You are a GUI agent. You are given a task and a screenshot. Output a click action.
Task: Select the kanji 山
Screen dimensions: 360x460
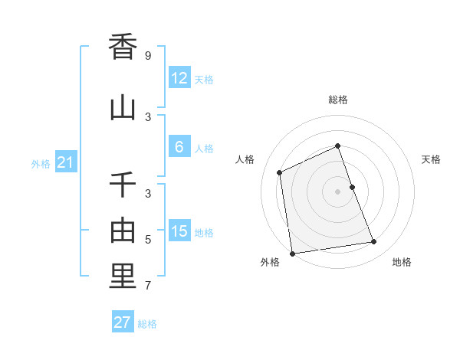point(123,107)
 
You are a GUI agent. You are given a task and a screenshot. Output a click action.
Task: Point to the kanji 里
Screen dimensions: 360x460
point(123,277)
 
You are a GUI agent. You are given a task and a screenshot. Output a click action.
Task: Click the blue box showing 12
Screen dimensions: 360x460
point(179,78)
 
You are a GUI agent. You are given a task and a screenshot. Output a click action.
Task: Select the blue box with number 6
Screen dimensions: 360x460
point(179,147)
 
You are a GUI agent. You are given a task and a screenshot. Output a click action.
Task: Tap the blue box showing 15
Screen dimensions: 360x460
point(179,231)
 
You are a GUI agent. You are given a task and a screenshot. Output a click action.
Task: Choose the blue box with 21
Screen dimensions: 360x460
point(66,162)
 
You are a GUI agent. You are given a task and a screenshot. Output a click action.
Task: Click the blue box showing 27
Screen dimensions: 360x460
point(123,322)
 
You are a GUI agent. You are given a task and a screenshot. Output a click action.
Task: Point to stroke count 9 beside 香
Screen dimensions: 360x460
point(148,56)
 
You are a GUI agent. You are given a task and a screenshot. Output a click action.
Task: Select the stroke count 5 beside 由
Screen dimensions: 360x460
point(148,240)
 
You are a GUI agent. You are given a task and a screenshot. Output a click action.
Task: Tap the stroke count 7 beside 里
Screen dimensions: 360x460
point(148,286)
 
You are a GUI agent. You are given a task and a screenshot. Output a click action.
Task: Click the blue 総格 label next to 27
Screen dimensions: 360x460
point(147,324)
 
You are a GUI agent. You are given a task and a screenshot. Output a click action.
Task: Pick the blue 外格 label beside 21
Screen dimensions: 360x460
point(41,164)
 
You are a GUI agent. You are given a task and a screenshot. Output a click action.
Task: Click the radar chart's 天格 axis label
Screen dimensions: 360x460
point(431,159)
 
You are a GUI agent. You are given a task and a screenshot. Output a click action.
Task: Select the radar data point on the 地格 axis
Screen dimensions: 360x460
point(374,242)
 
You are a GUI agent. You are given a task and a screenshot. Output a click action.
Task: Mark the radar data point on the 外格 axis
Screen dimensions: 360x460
point(292,253)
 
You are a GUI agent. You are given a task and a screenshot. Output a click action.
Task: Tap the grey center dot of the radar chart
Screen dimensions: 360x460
point(337,191)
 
